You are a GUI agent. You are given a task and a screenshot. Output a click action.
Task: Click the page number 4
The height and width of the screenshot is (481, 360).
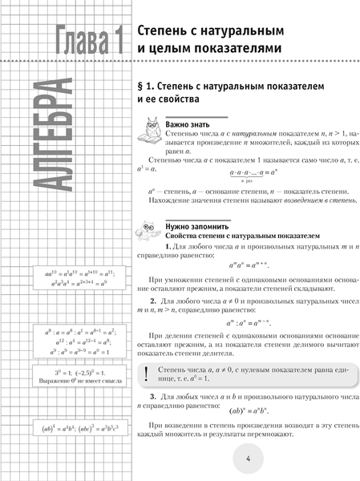[x=249, y=459]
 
